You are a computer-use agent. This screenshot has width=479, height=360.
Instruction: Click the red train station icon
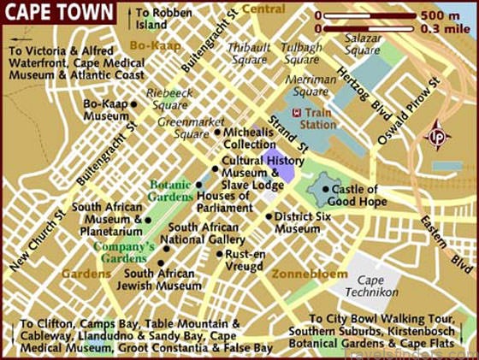[x=295, y=113]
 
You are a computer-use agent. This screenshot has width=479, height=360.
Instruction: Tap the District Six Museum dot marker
[x=269, y=216]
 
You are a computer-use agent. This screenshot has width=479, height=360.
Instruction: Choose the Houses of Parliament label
[x=223, y=202]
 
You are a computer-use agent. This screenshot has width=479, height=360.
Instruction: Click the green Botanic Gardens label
[x=170, y=190]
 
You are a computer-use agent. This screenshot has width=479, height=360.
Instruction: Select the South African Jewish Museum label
[x=163, y=280]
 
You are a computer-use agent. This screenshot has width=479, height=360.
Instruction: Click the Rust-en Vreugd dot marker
[x=220, y=254]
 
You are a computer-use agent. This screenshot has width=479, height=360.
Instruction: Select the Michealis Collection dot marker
[x=218, y=133]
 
